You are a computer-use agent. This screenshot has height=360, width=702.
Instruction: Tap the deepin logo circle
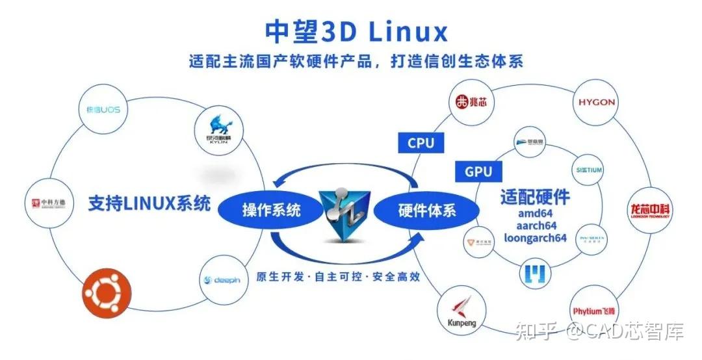[222, 279]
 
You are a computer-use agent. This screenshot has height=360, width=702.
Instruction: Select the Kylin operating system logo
[218, 129]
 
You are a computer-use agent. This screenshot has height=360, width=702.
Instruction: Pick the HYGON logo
[596, 103]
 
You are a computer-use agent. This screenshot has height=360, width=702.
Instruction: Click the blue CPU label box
[421, 143]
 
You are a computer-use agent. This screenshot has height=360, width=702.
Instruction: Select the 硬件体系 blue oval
[427, 211]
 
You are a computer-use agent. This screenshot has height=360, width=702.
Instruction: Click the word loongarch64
[535, 238]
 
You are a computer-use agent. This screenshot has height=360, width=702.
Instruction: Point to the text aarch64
[535, 225]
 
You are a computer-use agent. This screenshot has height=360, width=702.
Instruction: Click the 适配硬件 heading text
[535, 196]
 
